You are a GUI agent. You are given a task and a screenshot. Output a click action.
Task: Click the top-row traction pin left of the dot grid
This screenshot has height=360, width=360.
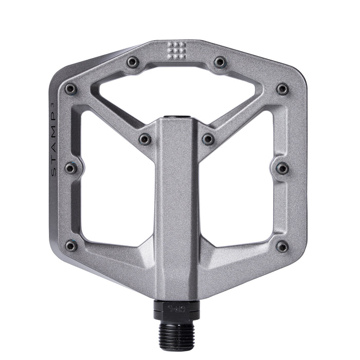133,62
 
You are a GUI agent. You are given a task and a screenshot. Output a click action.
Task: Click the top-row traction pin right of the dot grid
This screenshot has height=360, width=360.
220,62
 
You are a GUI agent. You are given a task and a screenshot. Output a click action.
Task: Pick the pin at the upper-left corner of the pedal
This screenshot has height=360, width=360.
71,89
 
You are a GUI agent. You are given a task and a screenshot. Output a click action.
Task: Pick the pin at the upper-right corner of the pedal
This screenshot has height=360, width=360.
282,89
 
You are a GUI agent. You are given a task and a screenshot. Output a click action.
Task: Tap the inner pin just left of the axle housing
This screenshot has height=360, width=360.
145,139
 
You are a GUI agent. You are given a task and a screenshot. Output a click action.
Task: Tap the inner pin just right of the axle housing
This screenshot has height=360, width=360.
208,139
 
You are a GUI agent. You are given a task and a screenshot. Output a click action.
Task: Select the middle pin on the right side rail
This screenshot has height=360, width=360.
282,168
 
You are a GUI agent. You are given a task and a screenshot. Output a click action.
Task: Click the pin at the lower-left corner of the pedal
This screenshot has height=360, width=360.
71,246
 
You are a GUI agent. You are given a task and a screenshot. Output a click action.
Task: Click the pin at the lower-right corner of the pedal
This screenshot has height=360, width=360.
282,246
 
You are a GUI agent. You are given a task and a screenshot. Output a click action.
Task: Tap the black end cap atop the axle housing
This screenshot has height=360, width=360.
176,119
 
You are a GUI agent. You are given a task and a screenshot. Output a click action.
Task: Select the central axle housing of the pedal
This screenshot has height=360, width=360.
176,206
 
